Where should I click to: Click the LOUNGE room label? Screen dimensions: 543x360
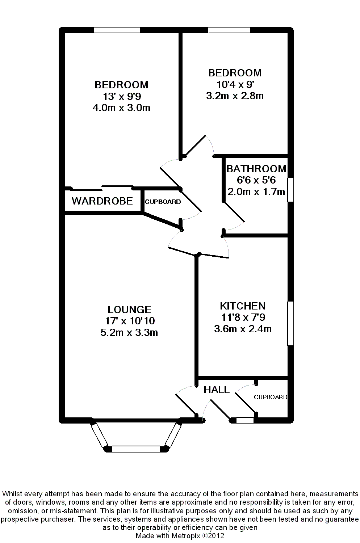coord(129,310)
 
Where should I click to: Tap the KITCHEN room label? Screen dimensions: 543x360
coord(243,306)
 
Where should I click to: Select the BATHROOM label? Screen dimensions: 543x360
coord(256,169)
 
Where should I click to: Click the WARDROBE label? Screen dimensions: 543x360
coord(102,201)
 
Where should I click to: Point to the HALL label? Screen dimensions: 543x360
coord(217,390)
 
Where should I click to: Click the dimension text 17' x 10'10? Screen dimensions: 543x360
coord(130,321)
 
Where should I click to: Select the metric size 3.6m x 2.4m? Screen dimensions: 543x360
coord(243,329)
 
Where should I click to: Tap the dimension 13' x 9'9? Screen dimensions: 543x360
coord(121,96)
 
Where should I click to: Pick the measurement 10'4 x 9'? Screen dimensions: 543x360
coord(235,84)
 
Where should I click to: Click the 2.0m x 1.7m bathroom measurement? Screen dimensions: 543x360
coord(256,191)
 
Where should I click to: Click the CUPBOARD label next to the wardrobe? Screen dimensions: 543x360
coord(163,202)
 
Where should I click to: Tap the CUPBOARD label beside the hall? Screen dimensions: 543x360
coord(270,397)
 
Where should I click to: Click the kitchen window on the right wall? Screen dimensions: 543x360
coord(290,323)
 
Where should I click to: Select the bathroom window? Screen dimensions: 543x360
coord(290,189)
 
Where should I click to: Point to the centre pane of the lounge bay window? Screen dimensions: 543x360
coord(136,449)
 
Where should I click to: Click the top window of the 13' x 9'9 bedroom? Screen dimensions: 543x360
coord(117,30)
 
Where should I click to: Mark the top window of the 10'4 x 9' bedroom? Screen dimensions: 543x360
coord(229,30)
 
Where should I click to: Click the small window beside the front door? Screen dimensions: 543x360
coord(245,420)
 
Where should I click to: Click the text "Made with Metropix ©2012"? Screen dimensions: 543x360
coord(180,536)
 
